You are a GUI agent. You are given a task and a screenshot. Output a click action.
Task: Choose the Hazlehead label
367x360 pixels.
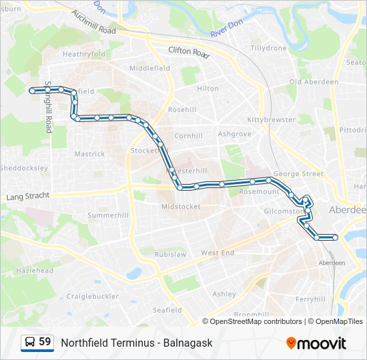(x=35, y=271)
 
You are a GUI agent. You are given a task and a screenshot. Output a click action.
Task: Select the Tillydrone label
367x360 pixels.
(x=268, y=48)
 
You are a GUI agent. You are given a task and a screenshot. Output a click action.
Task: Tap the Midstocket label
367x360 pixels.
(x=181, y=207)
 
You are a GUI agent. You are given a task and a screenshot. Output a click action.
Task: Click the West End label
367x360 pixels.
(x=218, y=253)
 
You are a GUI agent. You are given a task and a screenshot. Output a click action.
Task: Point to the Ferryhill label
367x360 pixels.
(x=310, y=299)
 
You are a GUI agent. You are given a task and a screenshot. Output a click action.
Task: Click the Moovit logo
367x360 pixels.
(x=316, y=343)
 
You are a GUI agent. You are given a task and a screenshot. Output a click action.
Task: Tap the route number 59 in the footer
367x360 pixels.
(x=45, y=342)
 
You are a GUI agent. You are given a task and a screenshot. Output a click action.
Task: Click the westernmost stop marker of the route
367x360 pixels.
(x=31, y=89)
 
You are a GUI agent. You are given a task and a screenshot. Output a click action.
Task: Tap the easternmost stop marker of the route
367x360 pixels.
(x=335, y=237)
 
